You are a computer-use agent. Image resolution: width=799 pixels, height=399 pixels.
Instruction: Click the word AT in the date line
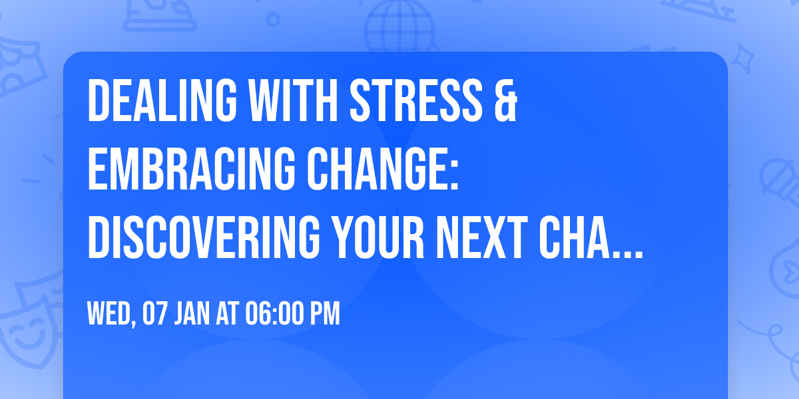228,314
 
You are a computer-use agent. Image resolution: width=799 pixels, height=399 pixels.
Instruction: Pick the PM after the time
326,314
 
